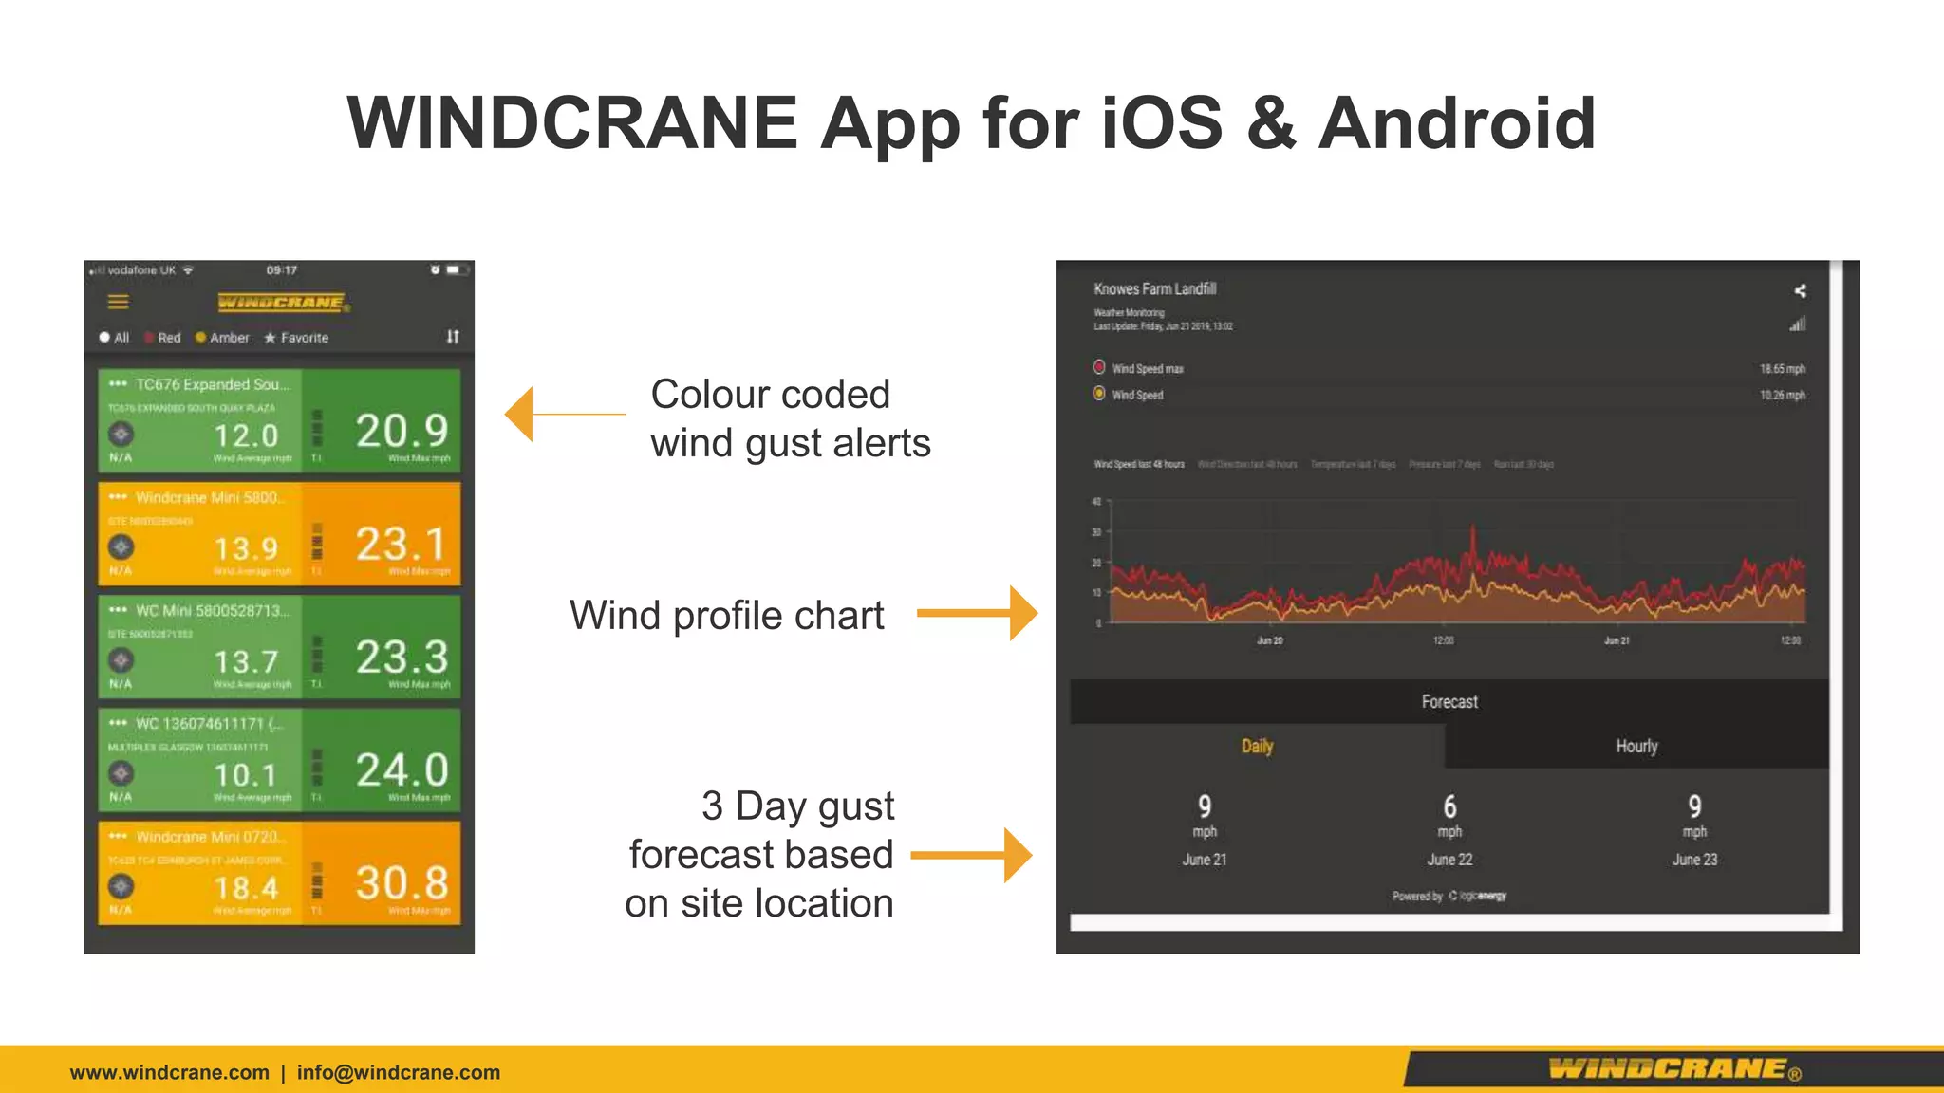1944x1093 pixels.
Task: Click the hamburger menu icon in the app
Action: tap(118, 302)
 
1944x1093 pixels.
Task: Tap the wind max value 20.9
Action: tap(402, 432)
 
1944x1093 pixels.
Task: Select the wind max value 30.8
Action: tap(402, 883)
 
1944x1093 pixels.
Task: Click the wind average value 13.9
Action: tap(246, 548)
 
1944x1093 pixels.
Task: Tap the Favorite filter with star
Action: tap(296, 338)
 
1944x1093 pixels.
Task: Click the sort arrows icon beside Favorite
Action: tap(453, 337)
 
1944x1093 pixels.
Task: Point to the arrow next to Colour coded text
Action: tap(564, 414)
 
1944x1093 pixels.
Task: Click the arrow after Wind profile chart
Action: tap(978, 613)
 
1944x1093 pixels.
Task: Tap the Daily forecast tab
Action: tap(1257, 747)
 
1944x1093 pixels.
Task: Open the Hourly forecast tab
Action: tap(1636, 747)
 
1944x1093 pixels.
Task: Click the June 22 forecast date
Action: tap(1449, 860)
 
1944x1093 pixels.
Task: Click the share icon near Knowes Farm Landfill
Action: tap(1799, 291)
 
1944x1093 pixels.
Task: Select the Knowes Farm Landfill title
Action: tap(1154, 288)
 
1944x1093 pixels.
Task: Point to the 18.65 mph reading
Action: tap(1782, 369)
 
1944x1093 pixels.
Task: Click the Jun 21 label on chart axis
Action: tap(1617, 641)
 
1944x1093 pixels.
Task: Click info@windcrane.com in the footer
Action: tap(398, 1072)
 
